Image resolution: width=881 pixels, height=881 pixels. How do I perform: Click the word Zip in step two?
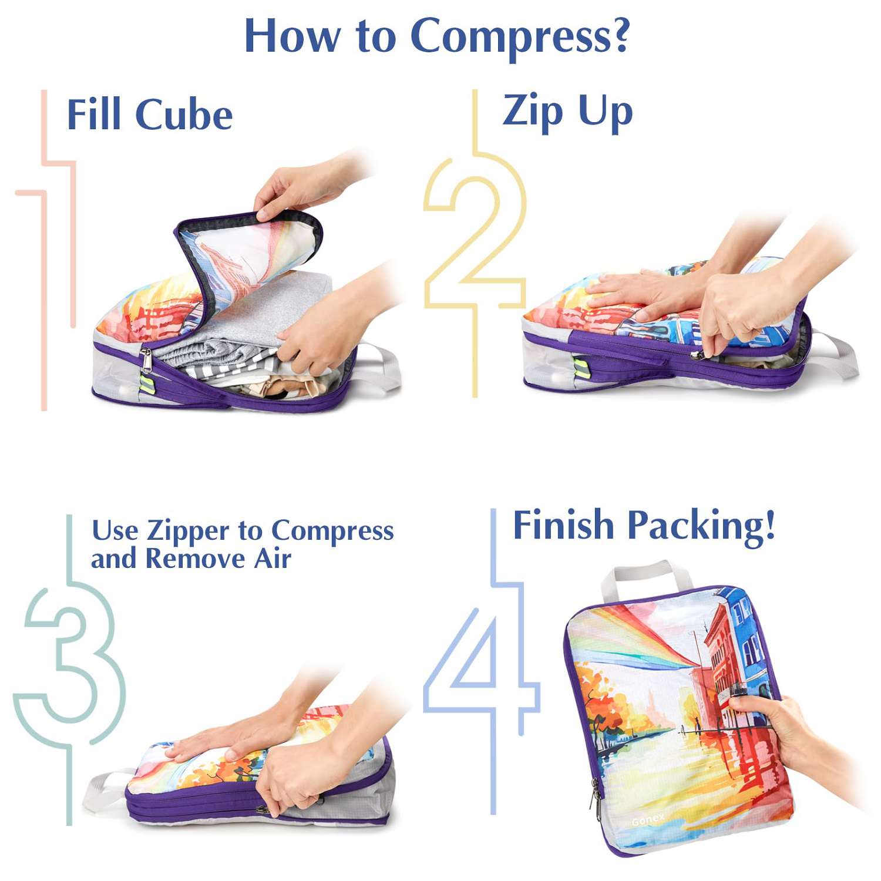[x=533, y=110]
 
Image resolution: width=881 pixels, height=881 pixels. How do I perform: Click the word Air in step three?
[x=273, y=559]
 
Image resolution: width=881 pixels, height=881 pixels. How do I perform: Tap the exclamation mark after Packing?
[x=769, y=524]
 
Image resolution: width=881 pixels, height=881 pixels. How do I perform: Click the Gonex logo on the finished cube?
[x=648, y=819]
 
